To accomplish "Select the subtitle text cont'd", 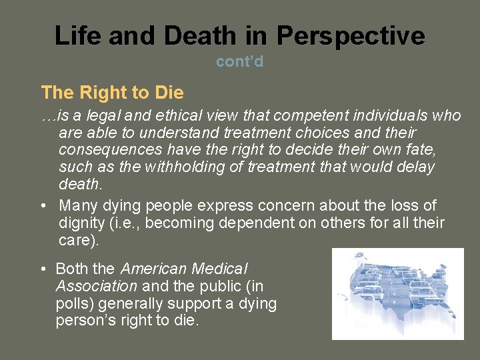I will (x=240, y=61).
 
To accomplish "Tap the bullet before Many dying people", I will (x=43, y=206).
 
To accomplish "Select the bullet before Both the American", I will (x=42, y=269).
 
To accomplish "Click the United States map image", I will (x=397, y=293).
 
